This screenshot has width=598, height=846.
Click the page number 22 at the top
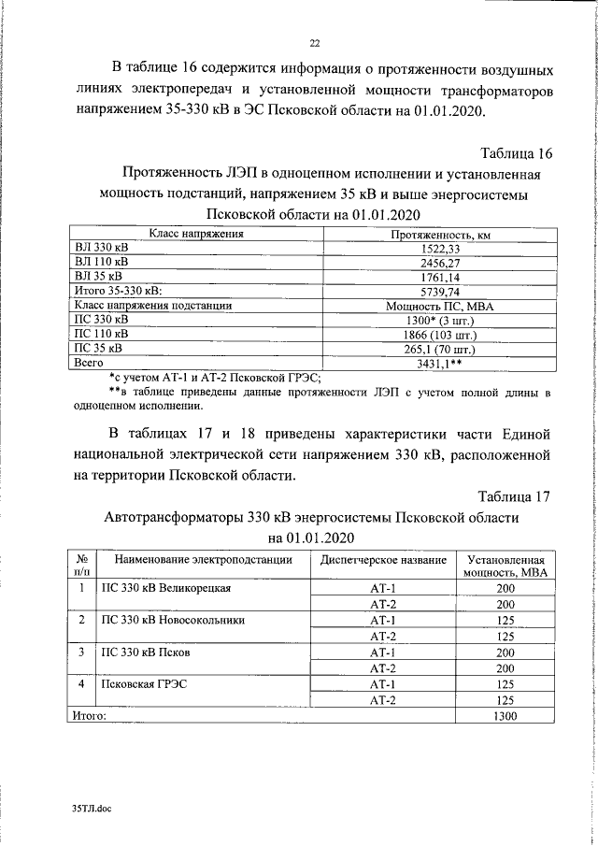315,40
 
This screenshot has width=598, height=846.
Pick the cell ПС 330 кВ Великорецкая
165,588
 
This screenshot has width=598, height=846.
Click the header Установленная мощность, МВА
505,566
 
